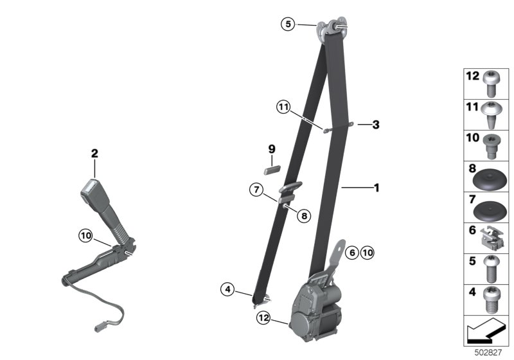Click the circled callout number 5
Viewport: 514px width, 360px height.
pyautogui.click(x=288, y=24)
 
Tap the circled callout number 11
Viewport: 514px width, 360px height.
pyautogui.click(x=283, y=107)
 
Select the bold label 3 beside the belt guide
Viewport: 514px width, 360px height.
pyautogui.click(x=376, y=125)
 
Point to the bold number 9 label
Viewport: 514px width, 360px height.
pyautogui.click(x=272, y=149)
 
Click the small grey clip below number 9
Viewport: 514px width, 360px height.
pyautogui.click(x=272, y=170)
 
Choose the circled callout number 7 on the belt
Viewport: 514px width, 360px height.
pyautogui.click(x=256, y=190)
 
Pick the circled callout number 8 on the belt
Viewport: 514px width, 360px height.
pyautogui.click(x=304, y=216)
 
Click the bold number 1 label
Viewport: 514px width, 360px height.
pyautogui.click(x=377, y=188)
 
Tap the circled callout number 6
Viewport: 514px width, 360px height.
pyautogui.click(x=352, y=253)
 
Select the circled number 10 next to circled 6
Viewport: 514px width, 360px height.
pyautogui.click(x=368, y=253)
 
